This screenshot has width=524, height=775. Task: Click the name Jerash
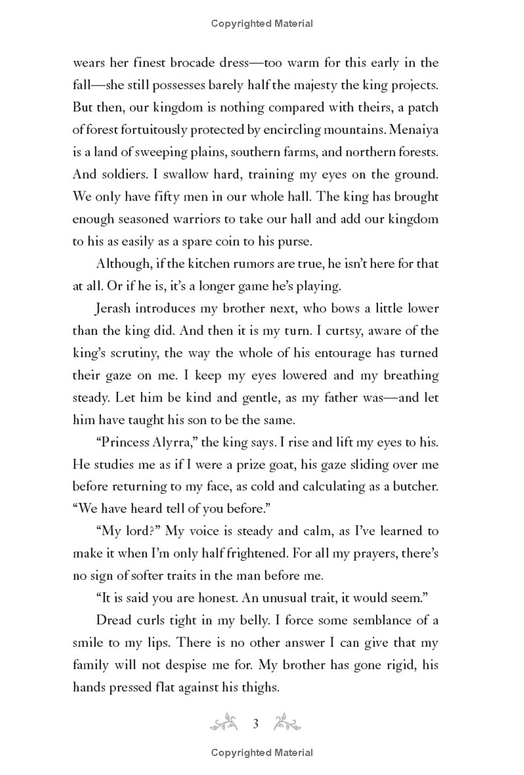point(118,309)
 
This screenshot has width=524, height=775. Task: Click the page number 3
point(257,723)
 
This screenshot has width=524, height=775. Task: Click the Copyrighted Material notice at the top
point(262,24)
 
